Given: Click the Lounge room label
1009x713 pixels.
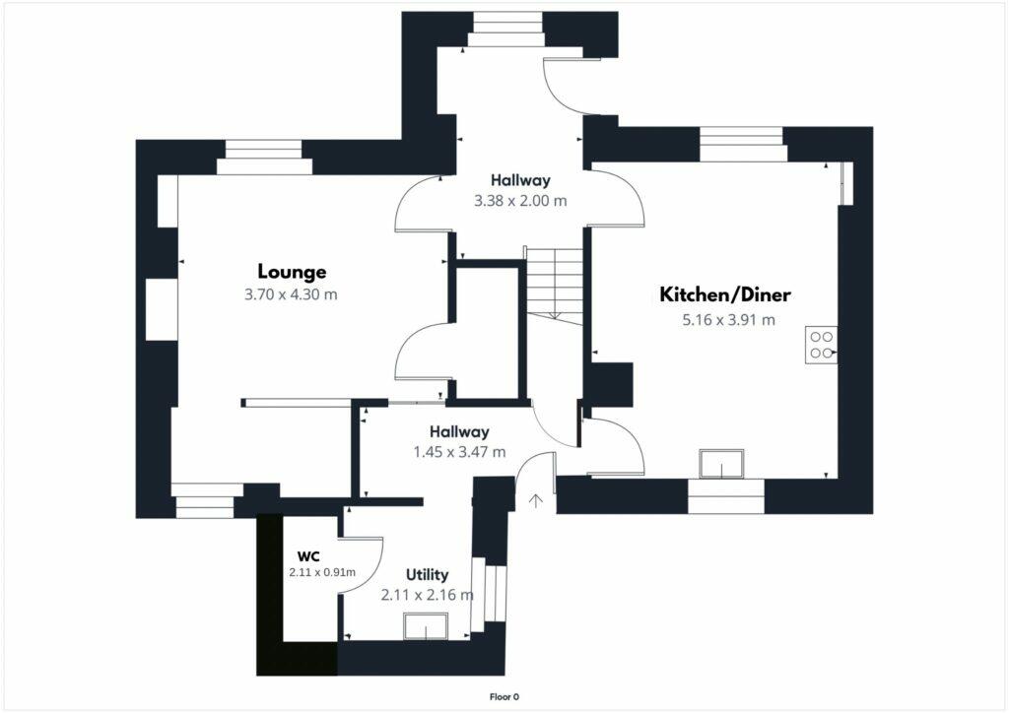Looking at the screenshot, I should (292, 272).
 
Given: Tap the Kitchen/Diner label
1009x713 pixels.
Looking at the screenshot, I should (725, 294).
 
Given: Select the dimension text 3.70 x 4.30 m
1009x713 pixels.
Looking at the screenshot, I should (292, 294).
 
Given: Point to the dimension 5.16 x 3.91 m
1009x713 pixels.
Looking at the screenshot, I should (728, 319).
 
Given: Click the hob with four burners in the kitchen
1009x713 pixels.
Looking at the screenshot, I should (820, 344).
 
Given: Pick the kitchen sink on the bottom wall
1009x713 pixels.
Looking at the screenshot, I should (722, 463).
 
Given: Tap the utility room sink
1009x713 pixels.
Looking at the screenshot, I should (426, 626).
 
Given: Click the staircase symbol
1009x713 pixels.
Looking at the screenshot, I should (555, 283).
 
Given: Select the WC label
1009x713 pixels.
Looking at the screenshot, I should (308, 555).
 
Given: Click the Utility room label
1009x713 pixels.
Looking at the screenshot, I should (427, 574).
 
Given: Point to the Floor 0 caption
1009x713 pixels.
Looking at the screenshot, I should (504, 697).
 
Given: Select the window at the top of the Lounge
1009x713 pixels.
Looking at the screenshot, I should (263, 157).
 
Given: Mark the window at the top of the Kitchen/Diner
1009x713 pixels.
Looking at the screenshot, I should (743, 144).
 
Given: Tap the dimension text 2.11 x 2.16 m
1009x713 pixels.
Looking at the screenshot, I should (427, 595).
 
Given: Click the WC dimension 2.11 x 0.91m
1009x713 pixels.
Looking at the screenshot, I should (322, 572).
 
